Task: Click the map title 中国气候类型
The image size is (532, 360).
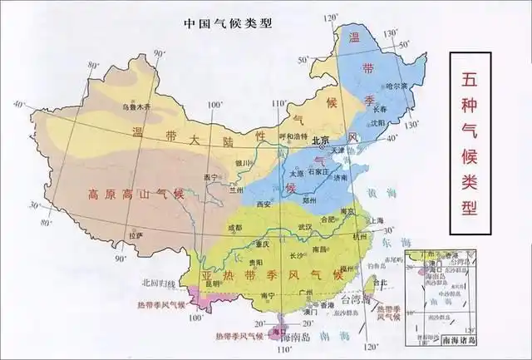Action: [x=227, y=22]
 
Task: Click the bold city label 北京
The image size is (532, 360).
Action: [x=321, y=141]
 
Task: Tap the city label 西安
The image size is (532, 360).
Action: [x=264, y=203]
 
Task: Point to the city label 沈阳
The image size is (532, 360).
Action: [x=379, y=122]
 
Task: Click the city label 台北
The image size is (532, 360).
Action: [x=381, y=282]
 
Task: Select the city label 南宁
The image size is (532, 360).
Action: [x=268, y=294]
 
